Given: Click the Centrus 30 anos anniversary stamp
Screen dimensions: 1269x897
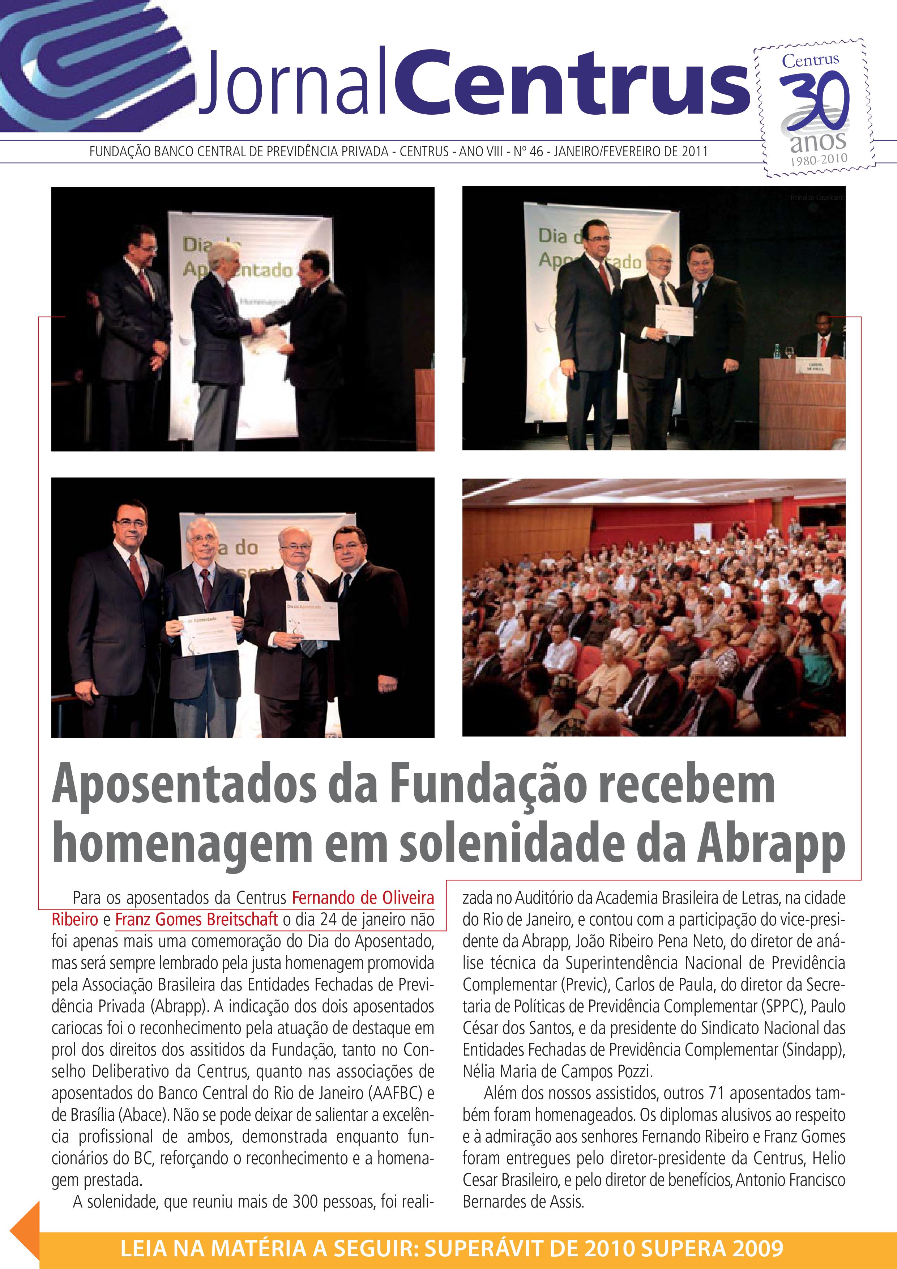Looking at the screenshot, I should tap(814, 108).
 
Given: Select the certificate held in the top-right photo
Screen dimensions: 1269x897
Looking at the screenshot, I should tap(674, 320).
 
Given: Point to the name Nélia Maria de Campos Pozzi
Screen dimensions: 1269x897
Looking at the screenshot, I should tap(558, 1072).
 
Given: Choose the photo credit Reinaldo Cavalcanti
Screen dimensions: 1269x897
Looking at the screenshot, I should tap(817, 197).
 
